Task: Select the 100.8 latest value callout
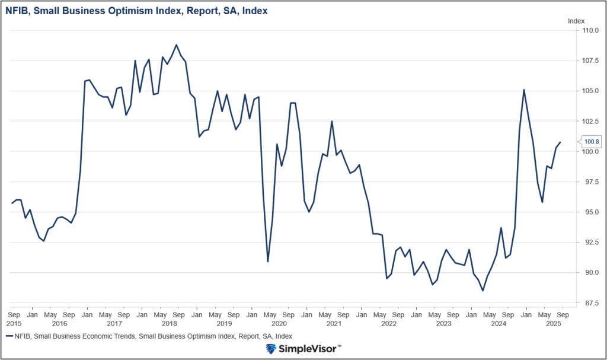(x=591, y=141)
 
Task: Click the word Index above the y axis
(x=576, y=21)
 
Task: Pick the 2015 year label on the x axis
(x=14, y=324)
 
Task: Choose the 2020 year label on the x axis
(x=279, y=324)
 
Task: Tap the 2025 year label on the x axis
(x=554, y=324)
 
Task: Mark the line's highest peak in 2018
(x=177, y=44)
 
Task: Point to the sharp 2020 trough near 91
(x=268, y=262)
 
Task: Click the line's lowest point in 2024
(x=483, y=291)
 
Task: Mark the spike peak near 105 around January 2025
(x=524, y=90)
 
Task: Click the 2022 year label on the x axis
(x=389, y=324)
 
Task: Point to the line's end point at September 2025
(x=561, y=142)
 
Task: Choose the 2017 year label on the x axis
(x=114, y=324)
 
